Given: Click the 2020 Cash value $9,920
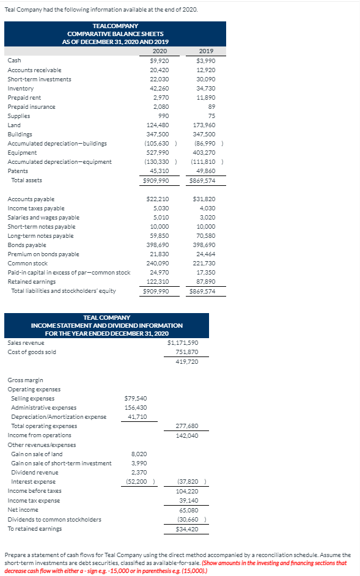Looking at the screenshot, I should pos(160,61).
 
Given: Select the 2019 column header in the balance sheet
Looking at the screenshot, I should pos(206,51).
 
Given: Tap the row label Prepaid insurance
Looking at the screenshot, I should pos(31,106).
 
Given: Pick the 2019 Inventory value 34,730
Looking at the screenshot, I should pos(206,88).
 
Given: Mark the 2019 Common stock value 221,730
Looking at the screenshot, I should pos(205,263).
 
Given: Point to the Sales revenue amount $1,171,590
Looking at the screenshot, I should pos(183,342).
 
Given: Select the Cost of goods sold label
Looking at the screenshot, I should pos(28,352).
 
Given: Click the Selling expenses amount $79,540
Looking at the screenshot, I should pos(137,398).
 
